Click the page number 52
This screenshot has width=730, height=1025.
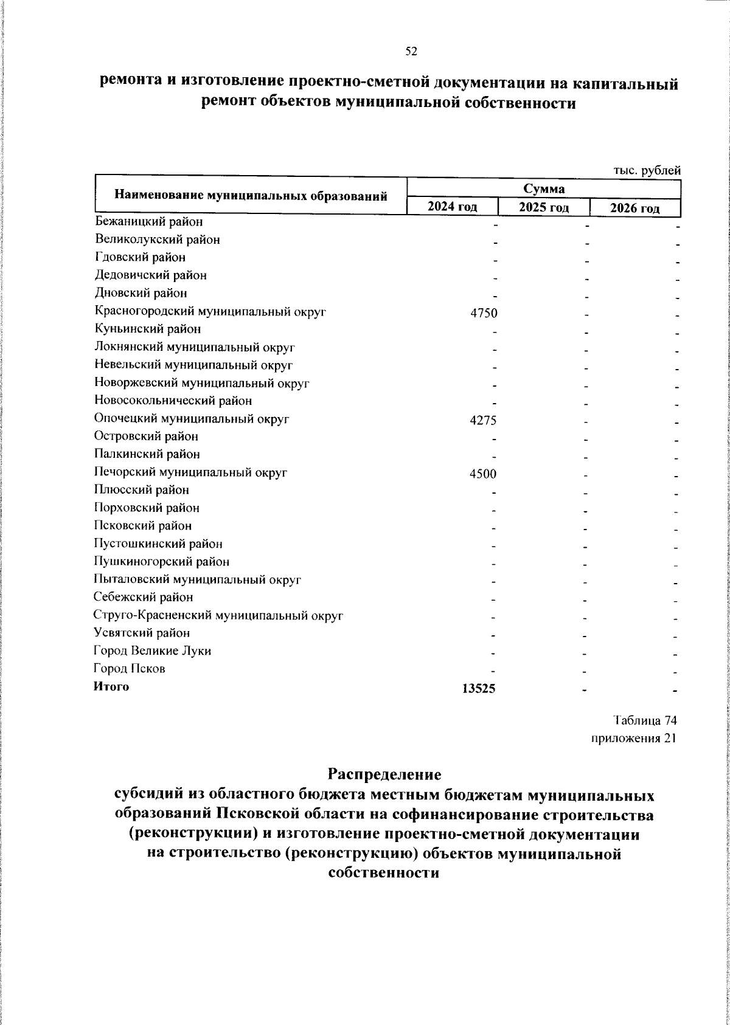pyautogui.click(x=411, y=52)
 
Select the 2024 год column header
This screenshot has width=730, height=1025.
pyautogui.click(x=452, y=207)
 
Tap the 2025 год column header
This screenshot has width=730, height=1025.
pyautogui.click(x=544, y=208)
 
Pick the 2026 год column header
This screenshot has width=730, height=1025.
pyautogui.click(x=635, y=208)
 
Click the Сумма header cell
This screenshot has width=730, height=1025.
pyautogui.click(x=543, y=188)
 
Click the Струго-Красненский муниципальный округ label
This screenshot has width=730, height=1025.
pyautogui.click(x=219, y=615)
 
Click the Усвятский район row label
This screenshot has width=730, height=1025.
pyautogui.click(x=142, y=633)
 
